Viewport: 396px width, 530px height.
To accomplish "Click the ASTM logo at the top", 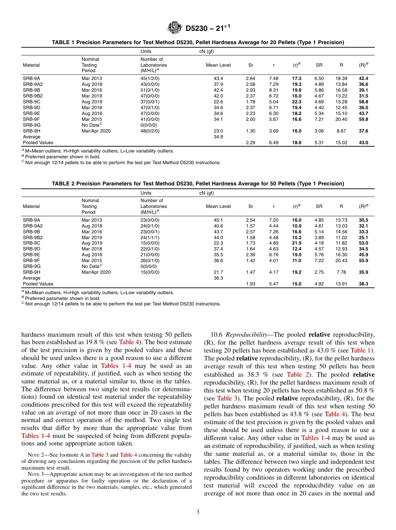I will pos(174,28).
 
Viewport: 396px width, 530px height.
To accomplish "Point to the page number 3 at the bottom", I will pos(198,512).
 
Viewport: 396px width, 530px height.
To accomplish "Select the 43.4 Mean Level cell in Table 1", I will pos(218,78).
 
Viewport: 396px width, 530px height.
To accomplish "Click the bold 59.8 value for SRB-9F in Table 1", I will pos(363,119).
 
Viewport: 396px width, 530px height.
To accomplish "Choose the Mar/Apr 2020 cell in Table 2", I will pos(96,272).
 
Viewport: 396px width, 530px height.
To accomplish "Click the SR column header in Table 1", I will pos(319,65).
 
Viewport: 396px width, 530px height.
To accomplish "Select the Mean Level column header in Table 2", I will pos(218,206).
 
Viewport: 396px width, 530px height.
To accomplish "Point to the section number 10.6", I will pos(218,335).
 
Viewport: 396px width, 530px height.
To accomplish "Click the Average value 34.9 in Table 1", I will pos(218,137).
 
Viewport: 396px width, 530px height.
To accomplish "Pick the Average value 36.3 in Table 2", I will pos(218,278).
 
